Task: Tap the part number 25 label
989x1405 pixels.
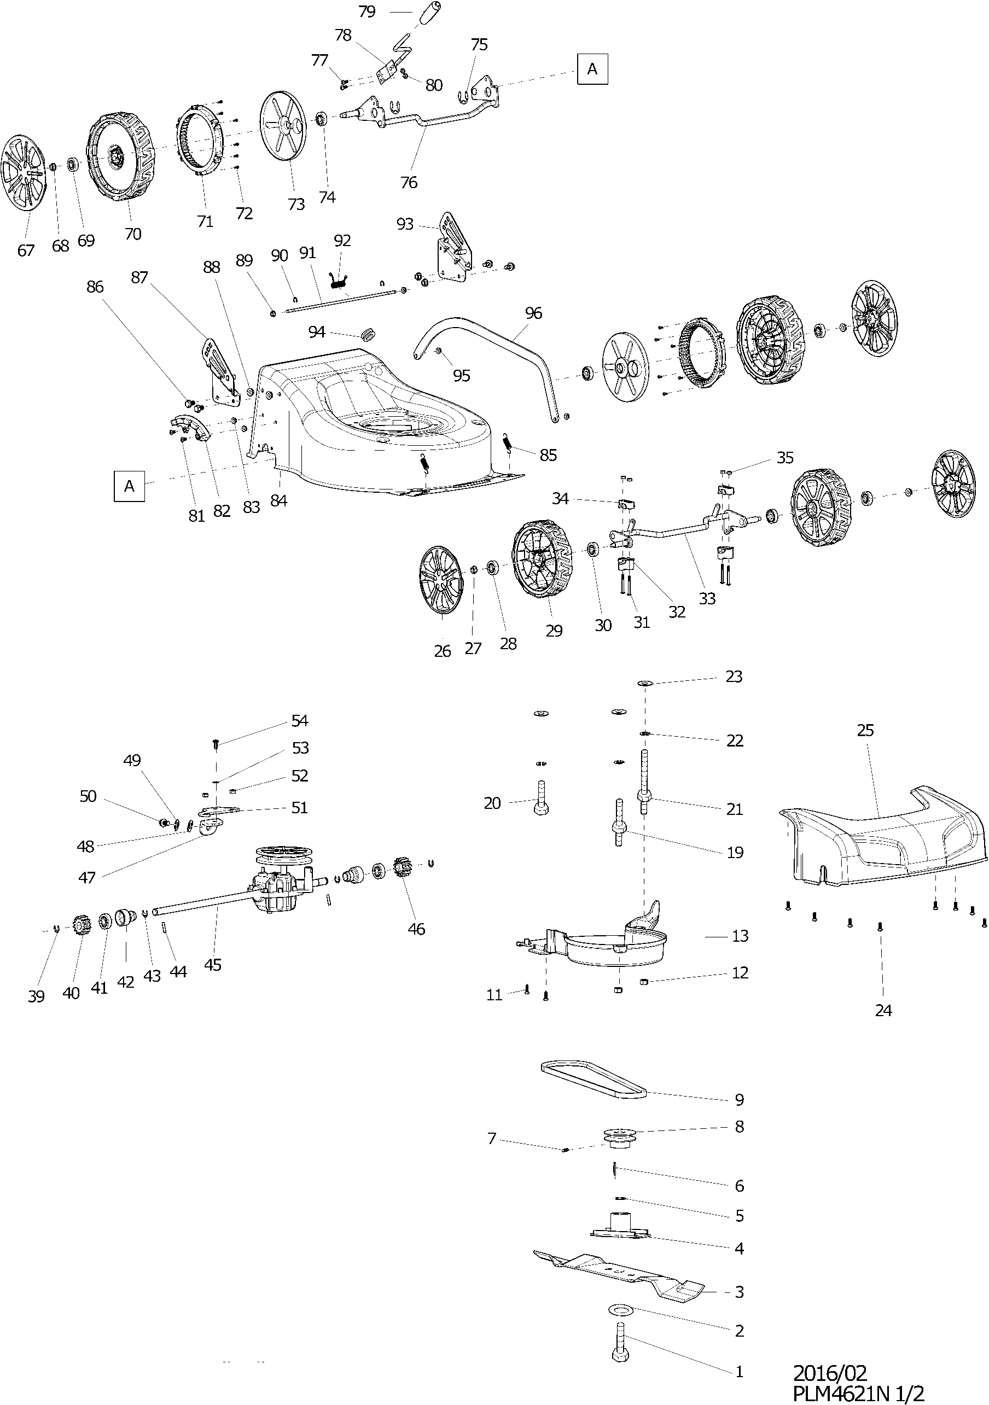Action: click(865, 730)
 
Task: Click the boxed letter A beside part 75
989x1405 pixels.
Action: click(592, 69)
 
